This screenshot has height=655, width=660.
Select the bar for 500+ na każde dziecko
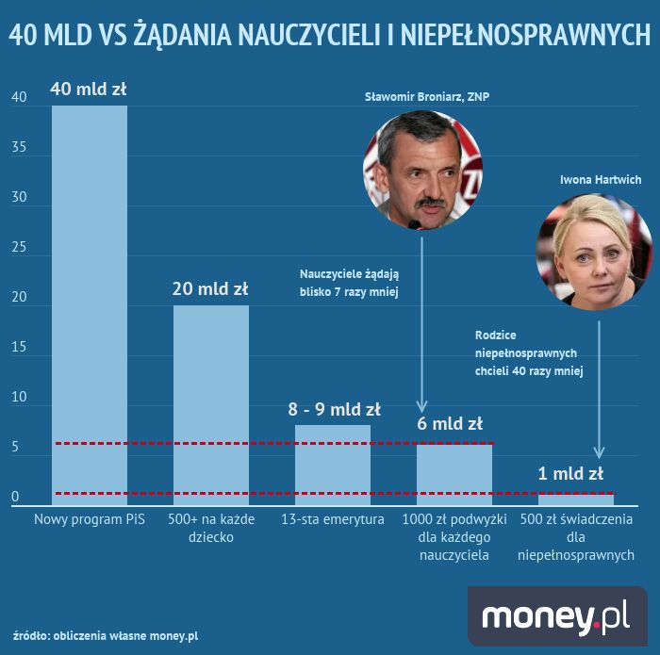click(x=210, y=405)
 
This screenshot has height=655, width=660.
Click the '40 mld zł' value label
click(x=89, y=90)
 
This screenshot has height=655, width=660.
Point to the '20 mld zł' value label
click(x=210, y=288)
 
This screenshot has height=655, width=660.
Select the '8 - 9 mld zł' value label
click(x=333, y=409)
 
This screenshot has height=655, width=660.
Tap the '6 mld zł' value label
click(x=450, y=423)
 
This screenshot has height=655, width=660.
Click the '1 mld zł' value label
click(x=570, y=473)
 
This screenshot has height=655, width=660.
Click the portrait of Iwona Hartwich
click(x=582, y=237)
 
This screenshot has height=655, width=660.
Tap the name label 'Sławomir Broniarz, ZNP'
click(x=427, y=97)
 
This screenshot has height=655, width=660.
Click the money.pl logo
click(x=556, y=616)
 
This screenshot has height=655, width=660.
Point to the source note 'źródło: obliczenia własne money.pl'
click(x=106, y=635)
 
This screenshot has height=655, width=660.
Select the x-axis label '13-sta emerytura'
click(x=332, y=520)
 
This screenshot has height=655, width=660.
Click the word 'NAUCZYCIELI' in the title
click(x=307, y=35)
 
